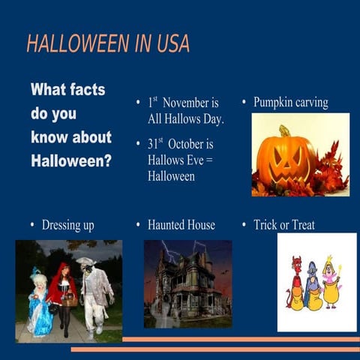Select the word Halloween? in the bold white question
[71, 160]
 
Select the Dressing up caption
[67, 225]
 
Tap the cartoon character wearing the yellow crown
[331, 282]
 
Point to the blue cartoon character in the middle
[313, 286]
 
